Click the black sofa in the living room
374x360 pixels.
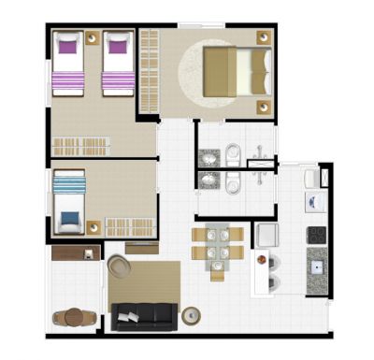point(145,317)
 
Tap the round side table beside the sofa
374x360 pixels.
point(192,315)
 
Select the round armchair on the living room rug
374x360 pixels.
point(120,266)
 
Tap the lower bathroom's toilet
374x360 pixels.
point(233,180)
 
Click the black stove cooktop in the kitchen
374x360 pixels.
point(316,234)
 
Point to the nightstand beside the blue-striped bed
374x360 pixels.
point(93,226)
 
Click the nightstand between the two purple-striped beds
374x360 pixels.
point(92,39)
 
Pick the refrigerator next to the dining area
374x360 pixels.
point(267,235)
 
